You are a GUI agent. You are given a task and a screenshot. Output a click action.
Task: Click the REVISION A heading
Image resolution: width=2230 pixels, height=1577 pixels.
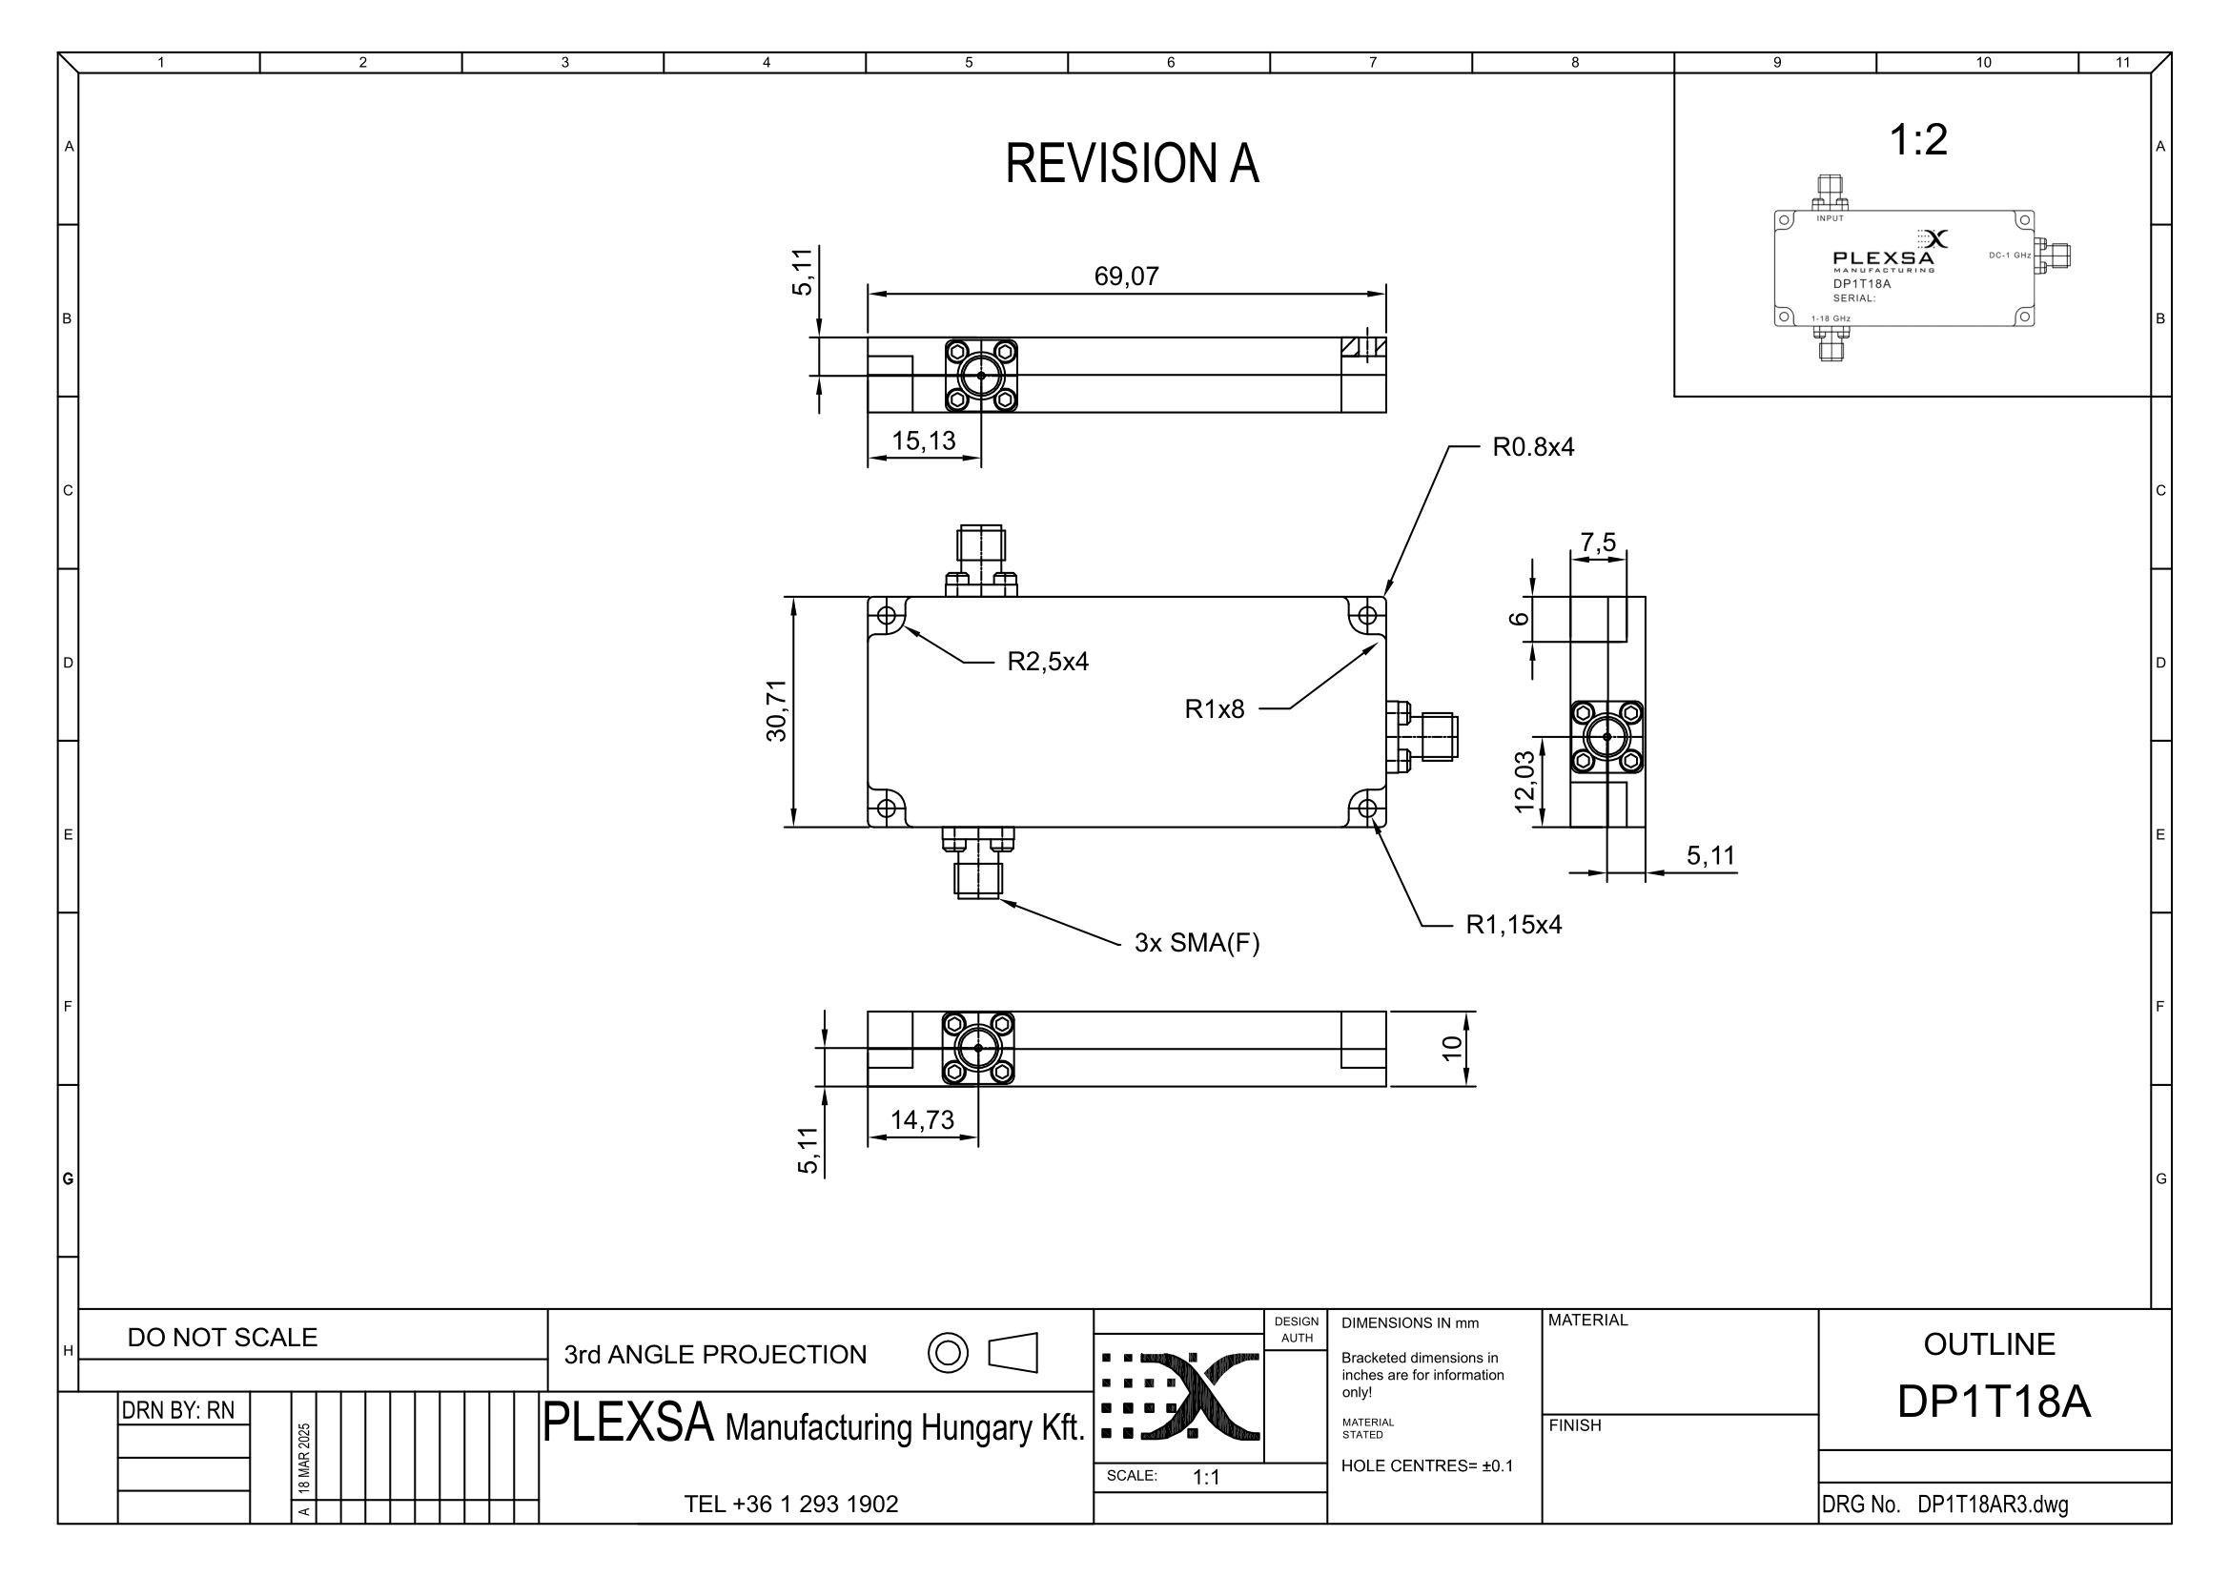coord(1132,163)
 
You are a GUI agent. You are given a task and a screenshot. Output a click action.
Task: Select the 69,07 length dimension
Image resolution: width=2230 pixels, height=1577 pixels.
coord(1127,276)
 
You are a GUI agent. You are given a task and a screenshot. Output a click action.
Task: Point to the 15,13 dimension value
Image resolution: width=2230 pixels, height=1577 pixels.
coord(924,440)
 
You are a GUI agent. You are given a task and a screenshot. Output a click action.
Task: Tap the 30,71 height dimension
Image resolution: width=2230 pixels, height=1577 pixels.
coord(777,711)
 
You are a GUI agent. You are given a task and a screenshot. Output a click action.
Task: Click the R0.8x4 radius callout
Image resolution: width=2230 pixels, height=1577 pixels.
coord(1533,448)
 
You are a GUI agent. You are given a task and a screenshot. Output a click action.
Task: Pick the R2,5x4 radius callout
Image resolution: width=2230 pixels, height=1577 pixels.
coord(1047,663)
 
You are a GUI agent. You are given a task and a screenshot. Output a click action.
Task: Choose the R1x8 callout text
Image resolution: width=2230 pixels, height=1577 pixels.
coord(1214,710)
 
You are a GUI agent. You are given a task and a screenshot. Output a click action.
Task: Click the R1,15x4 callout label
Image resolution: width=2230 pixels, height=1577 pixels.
coord(1513,926)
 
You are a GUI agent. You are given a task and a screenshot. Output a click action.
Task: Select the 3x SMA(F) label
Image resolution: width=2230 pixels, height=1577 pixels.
coord(1197,944)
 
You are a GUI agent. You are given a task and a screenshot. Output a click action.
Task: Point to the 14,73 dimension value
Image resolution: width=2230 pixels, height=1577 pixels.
coord(922,1120)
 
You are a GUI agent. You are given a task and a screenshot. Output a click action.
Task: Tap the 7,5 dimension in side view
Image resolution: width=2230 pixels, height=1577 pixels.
coord(1598,542)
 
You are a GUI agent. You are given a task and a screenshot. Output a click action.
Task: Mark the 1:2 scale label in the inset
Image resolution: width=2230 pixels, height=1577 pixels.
coord(1918,140)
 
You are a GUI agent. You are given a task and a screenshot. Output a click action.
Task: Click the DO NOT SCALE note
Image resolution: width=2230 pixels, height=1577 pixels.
coord(222,1338)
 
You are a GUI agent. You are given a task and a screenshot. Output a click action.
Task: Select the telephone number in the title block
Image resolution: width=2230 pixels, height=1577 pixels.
coord(790,1505)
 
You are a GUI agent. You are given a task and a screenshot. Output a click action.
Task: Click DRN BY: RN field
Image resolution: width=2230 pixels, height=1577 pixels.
coord(177,1410)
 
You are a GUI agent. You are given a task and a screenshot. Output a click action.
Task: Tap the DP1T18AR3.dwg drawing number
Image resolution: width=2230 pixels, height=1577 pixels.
coord(1992,1505)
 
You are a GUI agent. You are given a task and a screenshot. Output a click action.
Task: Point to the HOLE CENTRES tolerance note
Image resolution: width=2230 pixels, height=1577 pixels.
coord(1427,1466)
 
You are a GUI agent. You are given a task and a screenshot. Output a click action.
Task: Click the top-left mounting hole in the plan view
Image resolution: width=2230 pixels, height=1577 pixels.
coord(886,616)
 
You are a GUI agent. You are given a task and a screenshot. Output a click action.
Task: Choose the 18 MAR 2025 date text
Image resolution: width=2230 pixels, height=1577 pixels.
coord(305,1459)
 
